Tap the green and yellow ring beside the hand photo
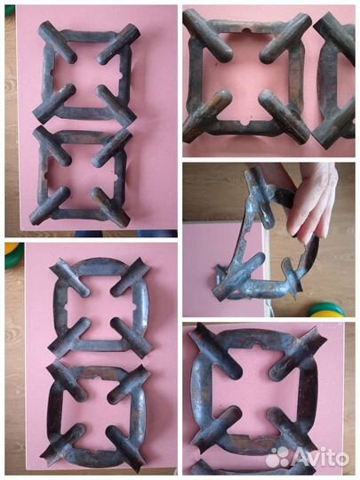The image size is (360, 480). click(326, 310)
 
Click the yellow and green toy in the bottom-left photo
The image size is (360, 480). click(12, 255)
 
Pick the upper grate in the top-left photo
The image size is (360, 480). click(86, 72)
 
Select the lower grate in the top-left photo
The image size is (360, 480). click(80, 176)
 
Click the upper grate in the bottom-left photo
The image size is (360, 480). click(100, 307)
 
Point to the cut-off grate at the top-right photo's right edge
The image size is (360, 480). click(334, 80)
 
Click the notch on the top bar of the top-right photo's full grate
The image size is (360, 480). click(246, 30)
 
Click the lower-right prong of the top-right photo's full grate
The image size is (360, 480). click(285, 117)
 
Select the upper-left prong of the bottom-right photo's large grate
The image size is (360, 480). click(215, 351)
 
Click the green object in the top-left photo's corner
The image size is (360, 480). click(10, 11)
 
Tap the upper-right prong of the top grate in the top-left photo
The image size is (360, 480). click(119, 44)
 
